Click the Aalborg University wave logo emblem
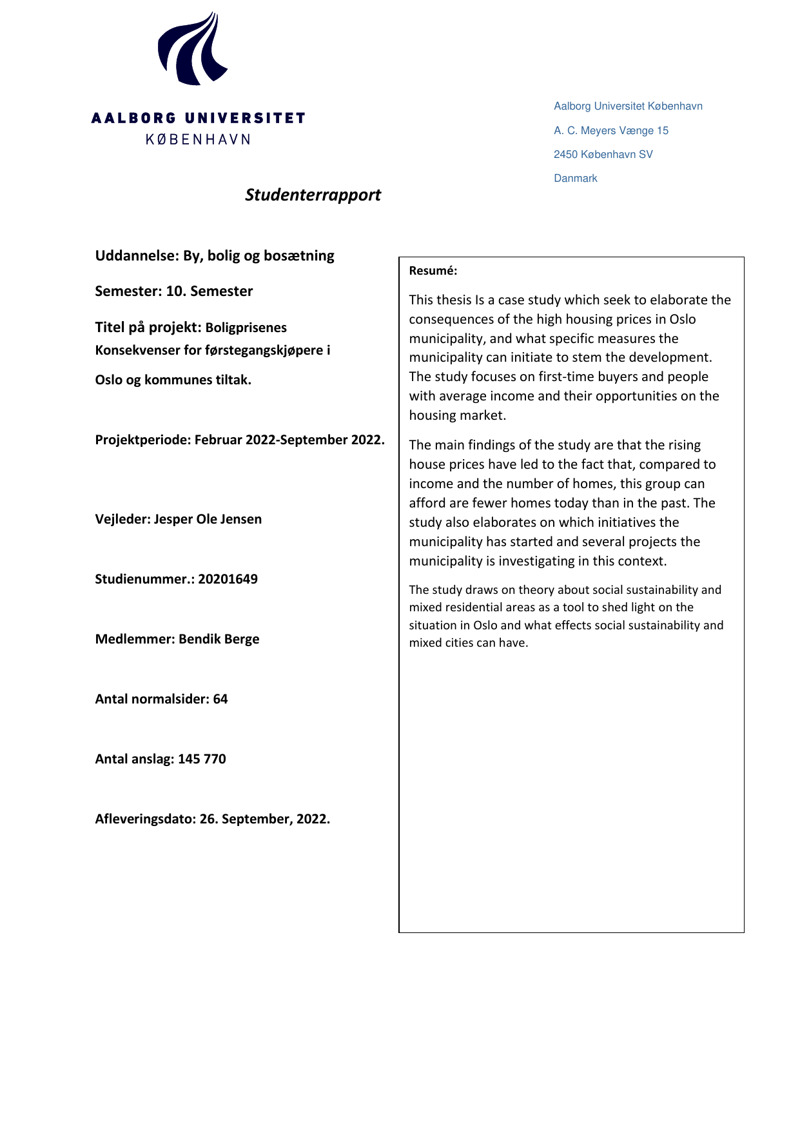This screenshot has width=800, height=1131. [x=192, y=50]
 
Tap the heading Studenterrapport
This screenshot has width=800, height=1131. [x=313, y=195]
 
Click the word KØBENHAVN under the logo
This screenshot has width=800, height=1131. [x=198, y=139]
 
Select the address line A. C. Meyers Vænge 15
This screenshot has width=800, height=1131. [x=610, y=130]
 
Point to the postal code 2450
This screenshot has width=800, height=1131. [x=565, y=155]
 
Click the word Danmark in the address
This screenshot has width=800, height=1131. [x=575, y=179]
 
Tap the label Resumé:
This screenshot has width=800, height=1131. [x=433, y=271]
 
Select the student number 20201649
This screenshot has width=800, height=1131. [x=228, y=579]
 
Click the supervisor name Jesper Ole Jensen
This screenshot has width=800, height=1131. [x=208, y=519]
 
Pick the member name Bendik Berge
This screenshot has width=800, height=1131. [x=219, y=639]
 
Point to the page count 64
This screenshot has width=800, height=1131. [x=220, y=699]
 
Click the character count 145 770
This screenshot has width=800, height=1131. [x=202, y=759]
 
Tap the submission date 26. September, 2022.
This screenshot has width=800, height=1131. [x=264, y=819]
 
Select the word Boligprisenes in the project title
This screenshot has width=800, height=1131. [x=246, y=328]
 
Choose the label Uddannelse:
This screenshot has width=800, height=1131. [x=137, y=255]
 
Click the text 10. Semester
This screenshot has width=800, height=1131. [x=209, y=291]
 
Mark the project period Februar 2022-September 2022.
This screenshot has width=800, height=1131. [x=289, y=440]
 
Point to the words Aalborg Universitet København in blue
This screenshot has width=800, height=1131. [x=628, y=106]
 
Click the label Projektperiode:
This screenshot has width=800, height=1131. [x=142, y=440]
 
